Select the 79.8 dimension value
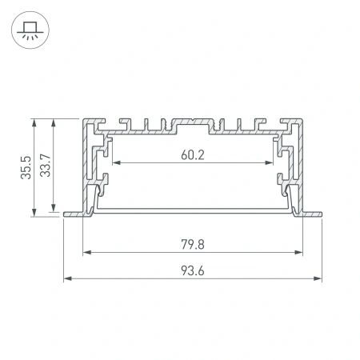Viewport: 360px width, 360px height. (193, 244)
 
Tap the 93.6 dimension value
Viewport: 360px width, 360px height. (193, 270)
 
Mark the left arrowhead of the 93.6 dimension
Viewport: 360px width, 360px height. (67, 279)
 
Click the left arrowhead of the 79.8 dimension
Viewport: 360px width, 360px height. (86, 253)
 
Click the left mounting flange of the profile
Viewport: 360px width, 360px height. (73, 214)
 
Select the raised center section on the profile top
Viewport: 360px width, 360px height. (193, 122)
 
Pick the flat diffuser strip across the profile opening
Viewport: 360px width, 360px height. (193, 210)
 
